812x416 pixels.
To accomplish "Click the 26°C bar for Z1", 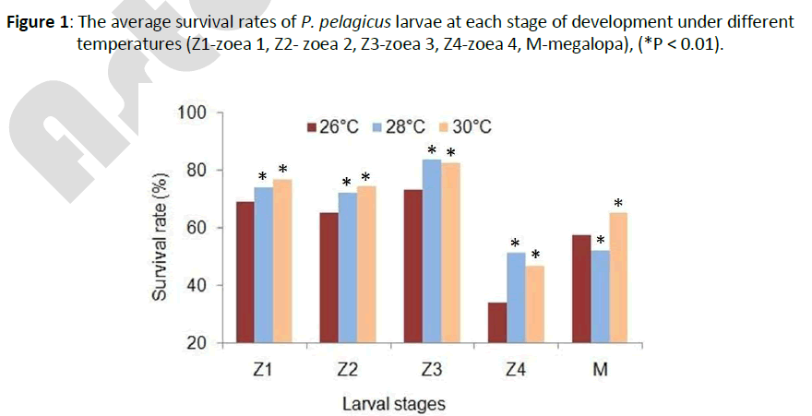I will click(x=245, y=272).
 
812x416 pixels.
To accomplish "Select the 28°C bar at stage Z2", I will click(x=348, y=267).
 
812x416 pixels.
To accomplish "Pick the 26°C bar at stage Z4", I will click(x=496, y=322).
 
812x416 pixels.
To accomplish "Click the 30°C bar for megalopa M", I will click(x=618, y=278).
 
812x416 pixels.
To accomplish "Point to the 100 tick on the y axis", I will click(x=188, y=113).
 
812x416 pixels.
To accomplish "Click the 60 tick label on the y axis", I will click(x=193, y=228).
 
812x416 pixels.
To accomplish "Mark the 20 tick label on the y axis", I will click(x=193, y=343).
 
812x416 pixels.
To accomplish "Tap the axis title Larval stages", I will click(x=393, y=403).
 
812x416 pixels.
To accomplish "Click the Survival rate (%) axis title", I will click(x=160, y=237).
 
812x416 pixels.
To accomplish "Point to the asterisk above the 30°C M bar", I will click(x=618, y=203).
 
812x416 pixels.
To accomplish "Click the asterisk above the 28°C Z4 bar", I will click(x=516, y=243).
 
